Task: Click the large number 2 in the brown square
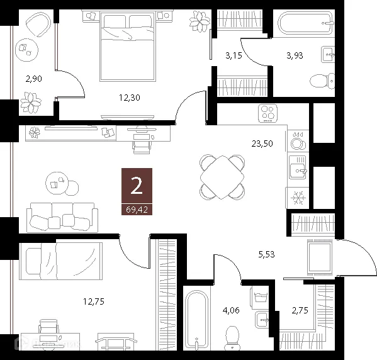tap(136, 186)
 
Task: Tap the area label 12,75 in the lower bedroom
tap(93, 301)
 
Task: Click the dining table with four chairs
tap(222, 176)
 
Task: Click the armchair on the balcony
tap(38, 26)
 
